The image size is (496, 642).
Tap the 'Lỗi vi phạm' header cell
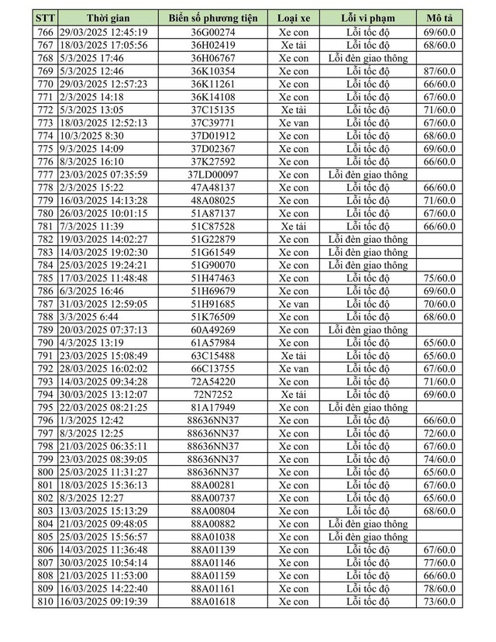pos(367,17)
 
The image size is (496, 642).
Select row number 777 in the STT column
pos(45,174)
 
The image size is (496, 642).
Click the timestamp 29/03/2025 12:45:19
pos(103,32)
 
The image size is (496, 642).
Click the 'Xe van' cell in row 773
pos(294,123)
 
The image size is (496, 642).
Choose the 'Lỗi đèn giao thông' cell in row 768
pos(367,58)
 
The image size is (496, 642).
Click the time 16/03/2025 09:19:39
pos(103,602)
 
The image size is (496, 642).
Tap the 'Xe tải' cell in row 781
pos(294,226)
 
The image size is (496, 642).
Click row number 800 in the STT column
pos(45,472)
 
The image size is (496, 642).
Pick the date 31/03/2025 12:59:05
pos(103,304)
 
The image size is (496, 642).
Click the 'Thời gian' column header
pos(103,17)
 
